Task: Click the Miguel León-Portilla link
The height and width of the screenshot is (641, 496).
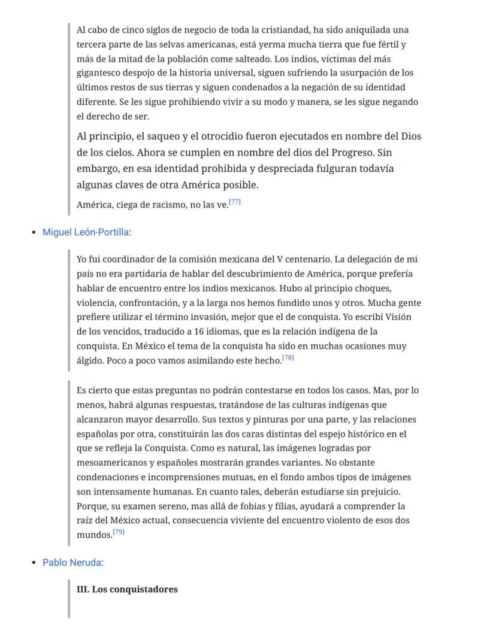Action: pos(86,232)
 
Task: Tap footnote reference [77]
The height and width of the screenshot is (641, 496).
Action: pos(235,202)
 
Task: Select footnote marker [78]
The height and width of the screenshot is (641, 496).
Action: pos(288,358)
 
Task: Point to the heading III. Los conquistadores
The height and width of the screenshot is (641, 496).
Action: pos(127,589)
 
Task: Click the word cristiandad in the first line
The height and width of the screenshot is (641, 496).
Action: pos(283,29)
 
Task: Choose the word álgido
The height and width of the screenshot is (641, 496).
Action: pos(90,360)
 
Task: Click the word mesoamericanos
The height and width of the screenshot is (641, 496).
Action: pos(113,463)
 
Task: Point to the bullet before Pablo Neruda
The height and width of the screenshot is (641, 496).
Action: pos(34,563)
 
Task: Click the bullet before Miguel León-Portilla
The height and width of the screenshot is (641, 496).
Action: pos(34,232)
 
